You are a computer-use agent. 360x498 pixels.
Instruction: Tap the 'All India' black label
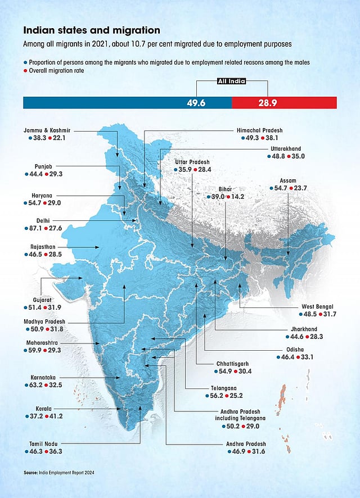pyautogui.click(x=231, y=82)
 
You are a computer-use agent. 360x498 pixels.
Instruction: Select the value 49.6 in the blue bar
pyautogui.click(x=197, y=103)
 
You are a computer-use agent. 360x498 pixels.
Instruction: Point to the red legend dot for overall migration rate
pyautogui.click(x=25, y=71)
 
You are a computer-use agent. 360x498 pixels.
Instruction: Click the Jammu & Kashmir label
pyautogui.click(x=47, y=130)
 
